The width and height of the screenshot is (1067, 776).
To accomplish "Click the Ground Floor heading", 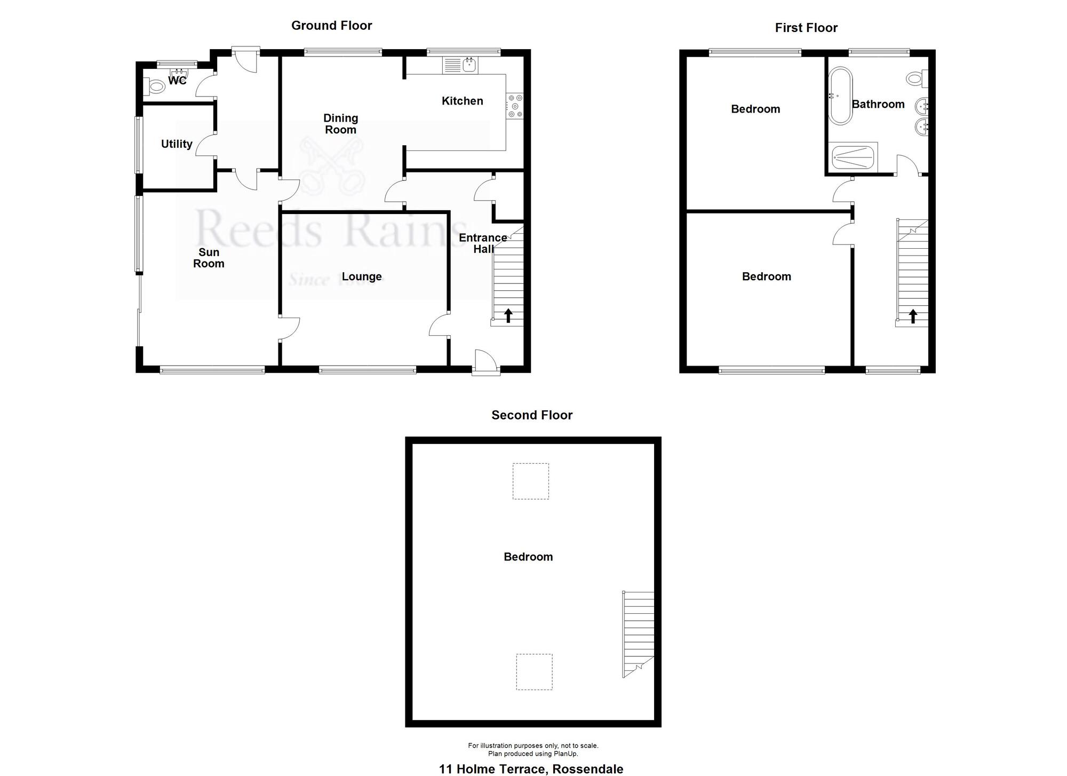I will (x=331, y=26).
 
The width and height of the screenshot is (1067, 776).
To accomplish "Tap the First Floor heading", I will (x=806, y=28).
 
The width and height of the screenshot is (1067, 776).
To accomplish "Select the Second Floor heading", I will (x=532, y=415).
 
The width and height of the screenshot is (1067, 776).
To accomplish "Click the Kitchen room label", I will (x=462, y=101).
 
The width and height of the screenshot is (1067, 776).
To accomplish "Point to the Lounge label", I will (x=362, y=276).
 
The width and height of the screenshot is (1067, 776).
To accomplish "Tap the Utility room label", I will (x=177, y=144).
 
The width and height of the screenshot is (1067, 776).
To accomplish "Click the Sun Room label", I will (x=209, y=258).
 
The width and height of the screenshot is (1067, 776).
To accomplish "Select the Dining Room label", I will (x=340, y=124).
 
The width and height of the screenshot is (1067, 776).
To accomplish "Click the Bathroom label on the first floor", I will (x=878, y=104).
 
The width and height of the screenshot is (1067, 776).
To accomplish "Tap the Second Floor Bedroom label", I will (x=528, y=557).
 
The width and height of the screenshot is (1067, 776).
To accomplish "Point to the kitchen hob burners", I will (x=515, y=106).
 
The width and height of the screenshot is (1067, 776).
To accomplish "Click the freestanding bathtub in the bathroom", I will (x=840, y=96).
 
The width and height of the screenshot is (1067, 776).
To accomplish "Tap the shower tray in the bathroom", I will (x=854, y=158).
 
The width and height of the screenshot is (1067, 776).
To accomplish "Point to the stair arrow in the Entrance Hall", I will (x=508, y=315).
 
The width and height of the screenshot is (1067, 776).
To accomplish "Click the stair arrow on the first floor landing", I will (x=913, y=316).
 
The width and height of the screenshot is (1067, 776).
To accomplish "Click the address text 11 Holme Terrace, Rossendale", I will (x=531, y=769).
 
